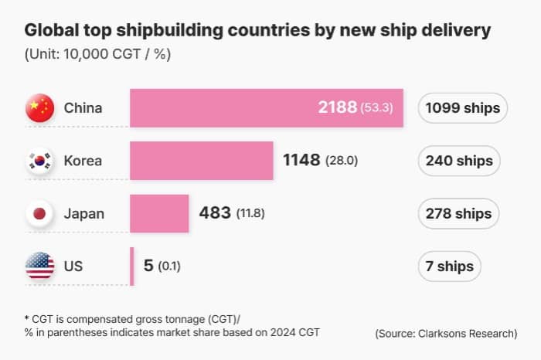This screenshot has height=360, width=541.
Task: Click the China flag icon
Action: (39, 108)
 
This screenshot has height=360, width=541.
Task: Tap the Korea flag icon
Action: (39, 161)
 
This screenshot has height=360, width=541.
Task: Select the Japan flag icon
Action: (39, 213)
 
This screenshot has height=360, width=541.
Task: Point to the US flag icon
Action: (39, 267)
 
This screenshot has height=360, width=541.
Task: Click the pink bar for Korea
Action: (202, 161)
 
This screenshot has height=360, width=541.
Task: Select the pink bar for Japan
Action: (159, 213)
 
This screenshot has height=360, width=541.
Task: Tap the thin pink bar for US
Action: (131, 267)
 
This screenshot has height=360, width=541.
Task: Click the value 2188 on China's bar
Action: (337, 108)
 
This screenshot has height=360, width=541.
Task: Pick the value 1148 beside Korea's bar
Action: (301, 161)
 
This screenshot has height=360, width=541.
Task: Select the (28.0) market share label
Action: (341, 161)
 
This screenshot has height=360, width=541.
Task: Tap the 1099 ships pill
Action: (463, 108)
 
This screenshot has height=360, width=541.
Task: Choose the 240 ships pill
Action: (459, 161)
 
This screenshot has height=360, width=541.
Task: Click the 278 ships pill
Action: (459, 213)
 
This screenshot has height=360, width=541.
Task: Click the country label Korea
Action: (83, 161)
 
